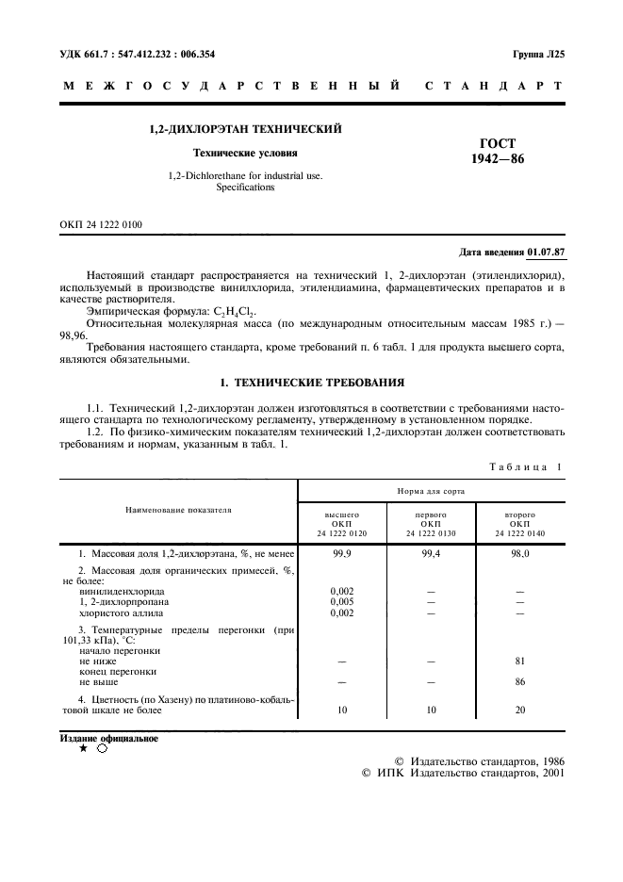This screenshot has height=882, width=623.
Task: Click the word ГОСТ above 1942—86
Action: (498, 143)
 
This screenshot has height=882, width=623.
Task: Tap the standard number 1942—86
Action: (498, 159)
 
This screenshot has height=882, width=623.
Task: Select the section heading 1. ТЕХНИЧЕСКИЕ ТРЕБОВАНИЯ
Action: (311, 384)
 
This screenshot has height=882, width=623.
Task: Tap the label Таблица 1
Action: (524, 466)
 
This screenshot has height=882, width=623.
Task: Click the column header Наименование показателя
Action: (178, 510)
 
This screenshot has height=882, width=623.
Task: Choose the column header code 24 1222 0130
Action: (431, 533)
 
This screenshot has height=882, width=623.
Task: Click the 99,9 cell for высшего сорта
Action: (342, 555)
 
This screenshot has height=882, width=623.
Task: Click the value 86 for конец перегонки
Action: (519, 680)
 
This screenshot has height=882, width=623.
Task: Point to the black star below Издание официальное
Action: (83, 748)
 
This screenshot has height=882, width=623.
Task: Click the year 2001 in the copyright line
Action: (548, 774)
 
